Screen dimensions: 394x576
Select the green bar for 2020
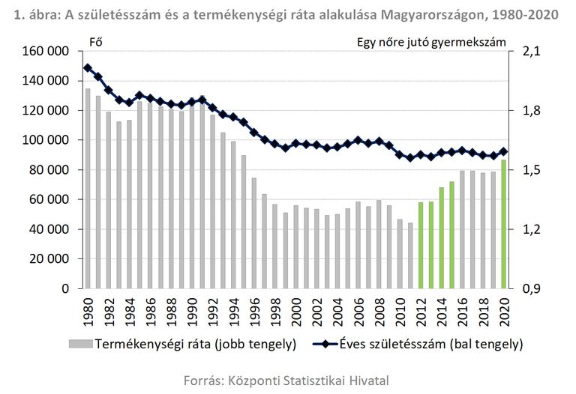[x=503, y=224]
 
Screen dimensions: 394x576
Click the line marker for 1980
[x=88, y=68]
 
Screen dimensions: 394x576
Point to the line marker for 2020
[x=503, y=151]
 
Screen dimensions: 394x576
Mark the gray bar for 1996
[x=254, y=234]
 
